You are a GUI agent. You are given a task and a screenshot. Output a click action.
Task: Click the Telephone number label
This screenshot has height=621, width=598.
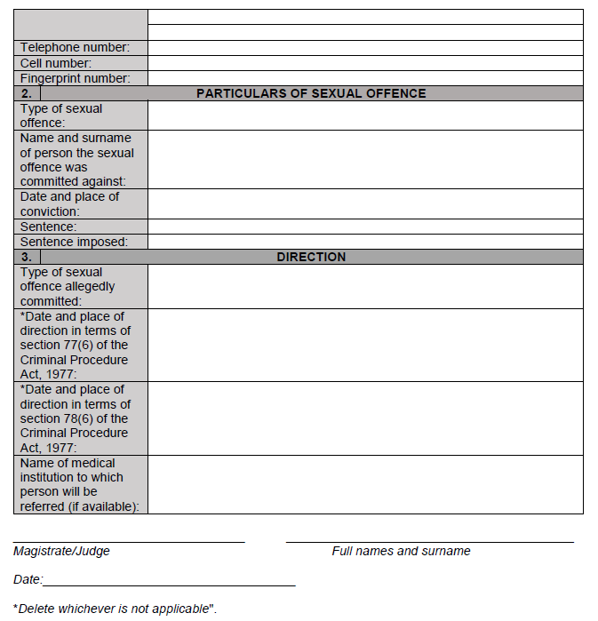[x=75, y=48]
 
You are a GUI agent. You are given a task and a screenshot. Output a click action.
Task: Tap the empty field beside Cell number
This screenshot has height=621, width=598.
[x=364, y=63]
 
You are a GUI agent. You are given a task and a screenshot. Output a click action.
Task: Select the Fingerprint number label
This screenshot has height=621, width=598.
[x=76, y=78]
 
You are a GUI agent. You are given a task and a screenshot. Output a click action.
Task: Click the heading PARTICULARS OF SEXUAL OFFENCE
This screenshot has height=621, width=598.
[x=311, y=93]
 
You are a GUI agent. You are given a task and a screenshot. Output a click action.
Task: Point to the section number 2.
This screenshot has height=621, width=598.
[x=27, y=93]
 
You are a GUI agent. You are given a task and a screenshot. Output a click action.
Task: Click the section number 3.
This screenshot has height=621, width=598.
[x=27, y=257]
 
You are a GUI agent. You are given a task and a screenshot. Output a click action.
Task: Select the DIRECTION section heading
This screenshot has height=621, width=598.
[x=311, y=257]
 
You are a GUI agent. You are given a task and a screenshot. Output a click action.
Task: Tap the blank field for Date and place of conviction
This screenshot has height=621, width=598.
[x=364, y=204]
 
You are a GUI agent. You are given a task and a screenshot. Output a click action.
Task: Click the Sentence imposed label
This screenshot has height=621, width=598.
[x=74, y=242]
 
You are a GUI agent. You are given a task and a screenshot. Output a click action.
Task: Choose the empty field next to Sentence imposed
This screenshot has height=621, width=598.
[x=364, y=242]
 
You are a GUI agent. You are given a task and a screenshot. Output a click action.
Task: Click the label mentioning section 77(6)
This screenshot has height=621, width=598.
[x=75, y=346]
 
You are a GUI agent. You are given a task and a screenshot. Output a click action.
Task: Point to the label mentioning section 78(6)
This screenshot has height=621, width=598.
[x=75, y=418]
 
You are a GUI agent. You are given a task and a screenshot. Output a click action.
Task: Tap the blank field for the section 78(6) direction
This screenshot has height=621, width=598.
[x=364, y=418]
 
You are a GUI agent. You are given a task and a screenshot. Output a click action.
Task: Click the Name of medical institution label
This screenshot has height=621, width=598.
[x=75, y=484]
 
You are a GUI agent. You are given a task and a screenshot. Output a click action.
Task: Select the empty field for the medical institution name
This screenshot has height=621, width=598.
[x=364, y=484]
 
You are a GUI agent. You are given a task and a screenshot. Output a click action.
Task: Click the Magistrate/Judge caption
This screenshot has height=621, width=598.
[x=61, y=551]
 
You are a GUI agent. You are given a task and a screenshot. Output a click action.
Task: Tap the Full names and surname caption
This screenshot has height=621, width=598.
[x=401, y=551]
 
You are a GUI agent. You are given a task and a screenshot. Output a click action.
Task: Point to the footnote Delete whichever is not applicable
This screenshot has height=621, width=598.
[x=116, y=609]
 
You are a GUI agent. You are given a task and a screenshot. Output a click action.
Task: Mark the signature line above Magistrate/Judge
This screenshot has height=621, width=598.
[x=129, y=540]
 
